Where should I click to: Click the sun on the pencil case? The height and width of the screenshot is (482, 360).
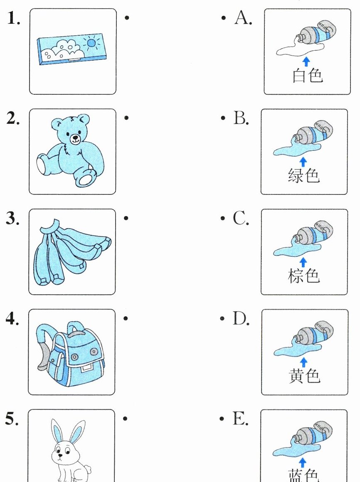[x=91, y=43]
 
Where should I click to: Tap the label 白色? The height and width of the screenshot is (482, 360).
[x=308, y=75]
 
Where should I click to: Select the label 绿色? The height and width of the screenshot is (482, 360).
[x=304, y=175]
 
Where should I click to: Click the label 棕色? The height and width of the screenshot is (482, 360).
[x=304, y=275]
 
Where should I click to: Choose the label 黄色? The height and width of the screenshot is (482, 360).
[x=305, y=376]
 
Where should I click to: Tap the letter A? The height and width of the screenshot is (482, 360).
[x=243, y=17]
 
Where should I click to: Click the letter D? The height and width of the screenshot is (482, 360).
[x=241, y=318]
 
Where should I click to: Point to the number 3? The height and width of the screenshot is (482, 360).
[x=12, y=218]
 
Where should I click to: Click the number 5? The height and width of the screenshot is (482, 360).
[x=12, y=419]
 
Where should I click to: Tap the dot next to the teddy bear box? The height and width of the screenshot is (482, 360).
[x=126, y=118]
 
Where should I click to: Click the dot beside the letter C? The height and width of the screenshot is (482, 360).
[x=223, y=218]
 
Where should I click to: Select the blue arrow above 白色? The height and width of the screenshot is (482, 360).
[x=306, y=61]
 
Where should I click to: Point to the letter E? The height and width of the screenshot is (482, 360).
[x=240, y=419]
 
